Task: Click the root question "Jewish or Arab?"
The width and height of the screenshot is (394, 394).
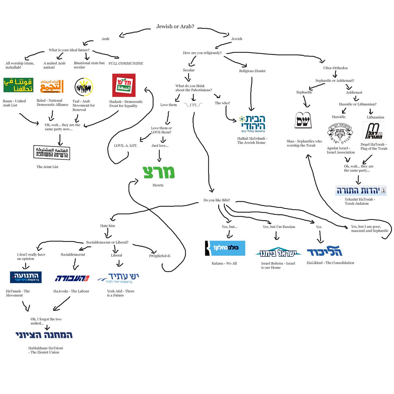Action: (175, 27)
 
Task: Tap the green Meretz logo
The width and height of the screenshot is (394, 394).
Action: (159, 172)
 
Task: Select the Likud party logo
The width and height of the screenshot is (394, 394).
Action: (324, 251)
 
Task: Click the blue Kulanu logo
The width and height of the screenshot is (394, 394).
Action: (225, 248)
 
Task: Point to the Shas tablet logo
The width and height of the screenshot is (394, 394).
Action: (303, 120)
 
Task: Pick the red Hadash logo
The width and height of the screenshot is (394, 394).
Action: (124, 85)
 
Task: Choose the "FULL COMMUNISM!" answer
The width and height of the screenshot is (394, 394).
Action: (126, 63)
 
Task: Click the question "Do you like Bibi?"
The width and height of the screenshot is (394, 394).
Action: (217, 200)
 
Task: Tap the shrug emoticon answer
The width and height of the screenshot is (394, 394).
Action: (193, 105)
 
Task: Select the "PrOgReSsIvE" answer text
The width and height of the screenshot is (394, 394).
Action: (160, 256)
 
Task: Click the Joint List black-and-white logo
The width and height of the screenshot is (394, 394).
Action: (52, 152)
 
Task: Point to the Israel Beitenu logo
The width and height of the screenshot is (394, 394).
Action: (278, 252)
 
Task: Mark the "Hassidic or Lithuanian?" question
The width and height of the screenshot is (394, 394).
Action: (358, 104)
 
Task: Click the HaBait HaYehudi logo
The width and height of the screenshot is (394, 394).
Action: (252, 124)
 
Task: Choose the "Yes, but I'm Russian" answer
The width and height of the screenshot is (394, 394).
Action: (279, 227)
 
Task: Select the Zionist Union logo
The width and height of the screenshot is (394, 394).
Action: (44, 335)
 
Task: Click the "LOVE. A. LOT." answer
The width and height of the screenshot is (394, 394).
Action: (125, 145)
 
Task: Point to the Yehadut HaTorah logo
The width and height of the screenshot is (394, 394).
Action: (361, 190)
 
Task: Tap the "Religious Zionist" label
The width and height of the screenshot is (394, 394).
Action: (252, 71)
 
